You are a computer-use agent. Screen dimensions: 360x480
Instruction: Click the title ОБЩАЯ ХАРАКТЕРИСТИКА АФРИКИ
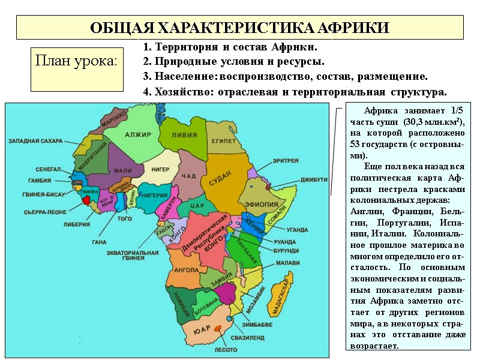pyautogui.click(x=239, y=28)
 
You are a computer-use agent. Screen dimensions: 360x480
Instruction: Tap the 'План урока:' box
pyautogui.click(x=76, y=61)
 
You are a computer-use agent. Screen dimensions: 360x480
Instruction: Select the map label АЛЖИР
pyautogui.click(x=138, y=135)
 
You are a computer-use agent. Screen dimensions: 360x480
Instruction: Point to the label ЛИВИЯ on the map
pyautogui.click(x=184, y=135)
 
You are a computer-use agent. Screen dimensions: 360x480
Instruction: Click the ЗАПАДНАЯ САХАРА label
pyautogui.click(x=35, y=142)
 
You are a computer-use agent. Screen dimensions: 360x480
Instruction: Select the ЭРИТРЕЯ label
pyautogui.click(x=285, y=161)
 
